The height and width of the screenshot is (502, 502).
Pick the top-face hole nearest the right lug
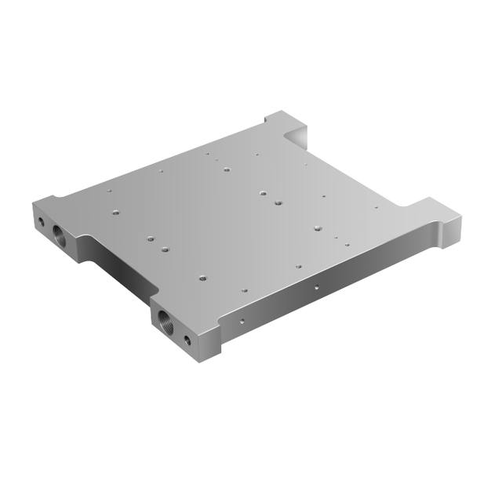(x=376, y=208)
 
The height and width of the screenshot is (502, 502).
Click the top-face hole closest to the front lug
(x=202, y=276)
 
